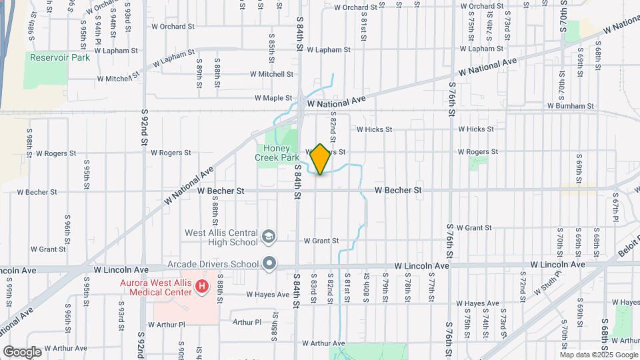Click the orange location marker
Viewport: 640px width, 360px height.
(x=321, y=159)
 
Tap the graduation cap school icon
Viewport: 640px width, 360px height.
(x=269, y=237)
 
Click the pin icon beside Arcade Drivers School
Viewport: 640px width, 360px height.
(x=269, y=263)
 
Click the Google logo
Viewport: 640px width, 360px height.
(x=23, y=351)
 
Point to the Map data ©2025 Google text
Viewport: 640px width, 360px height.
(x=599, y=355)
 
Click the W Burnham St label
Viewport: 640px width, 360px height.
(x=570, y=105)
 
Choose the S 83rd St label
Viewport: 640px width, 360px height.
(x=313, y=288)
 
